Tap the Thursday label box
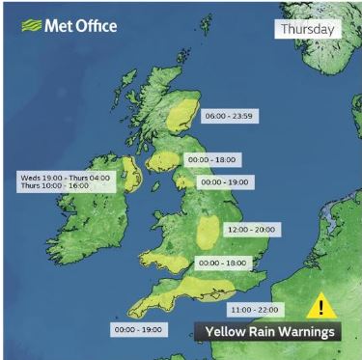308,30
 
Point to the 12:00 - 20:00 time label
250,230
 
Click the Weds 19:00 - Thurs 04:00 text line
67,178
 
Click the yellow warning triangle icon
320,307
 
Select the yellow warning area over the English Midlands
208,232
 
